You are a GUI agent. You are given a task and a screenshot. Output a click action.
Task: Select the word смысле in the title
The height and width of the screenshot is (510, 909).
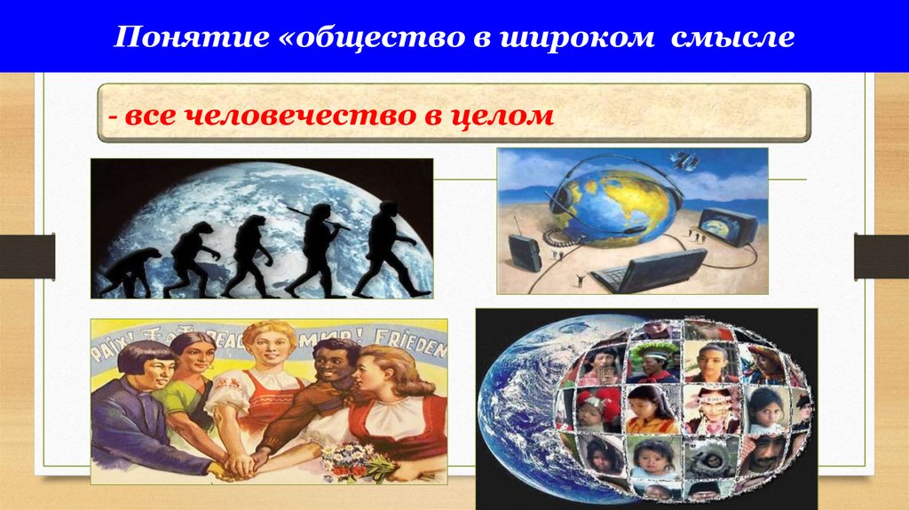pos(745,38)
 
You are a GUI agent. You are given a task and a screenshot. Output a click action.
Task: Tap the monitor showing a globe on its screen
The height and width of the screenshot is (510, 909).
pos(727,227)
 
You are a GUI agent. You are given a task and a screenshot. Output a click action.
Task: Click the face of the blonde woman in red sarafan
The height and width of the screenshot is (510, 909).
pos(266,351)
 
